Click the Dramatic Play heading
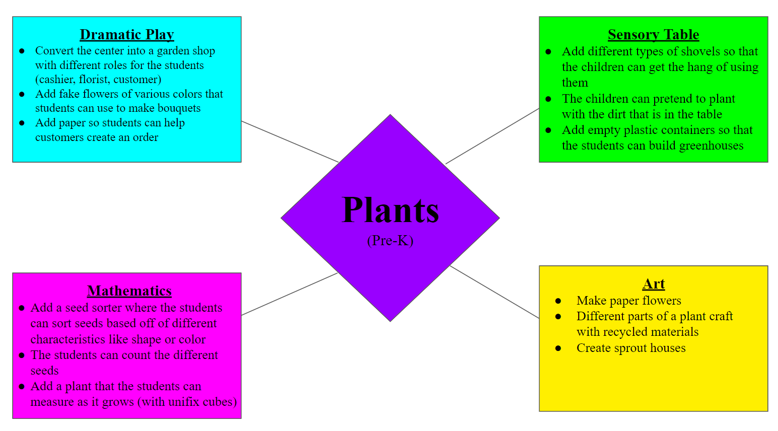pos(127,35)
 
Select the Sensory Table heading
pos(653,35)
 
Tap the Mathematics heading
pos(129,291)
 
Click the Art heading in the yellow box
pos(653,284)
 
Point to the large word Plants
pos(390,210)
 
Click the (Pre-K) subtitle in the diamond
pos(390,240)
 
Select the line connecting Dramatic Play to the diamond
pos(290,141)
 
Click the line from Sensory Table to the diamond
pos(492,136)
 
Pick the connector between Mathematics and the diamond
pos(290,294)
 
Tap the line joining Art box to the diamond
pos(494,292)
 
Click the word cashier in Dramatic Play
pos(56,80)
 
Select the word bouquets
pos(179,108)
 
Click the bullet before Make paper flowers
pos(558,301)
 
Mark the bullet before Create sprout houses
pos(558,348)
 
